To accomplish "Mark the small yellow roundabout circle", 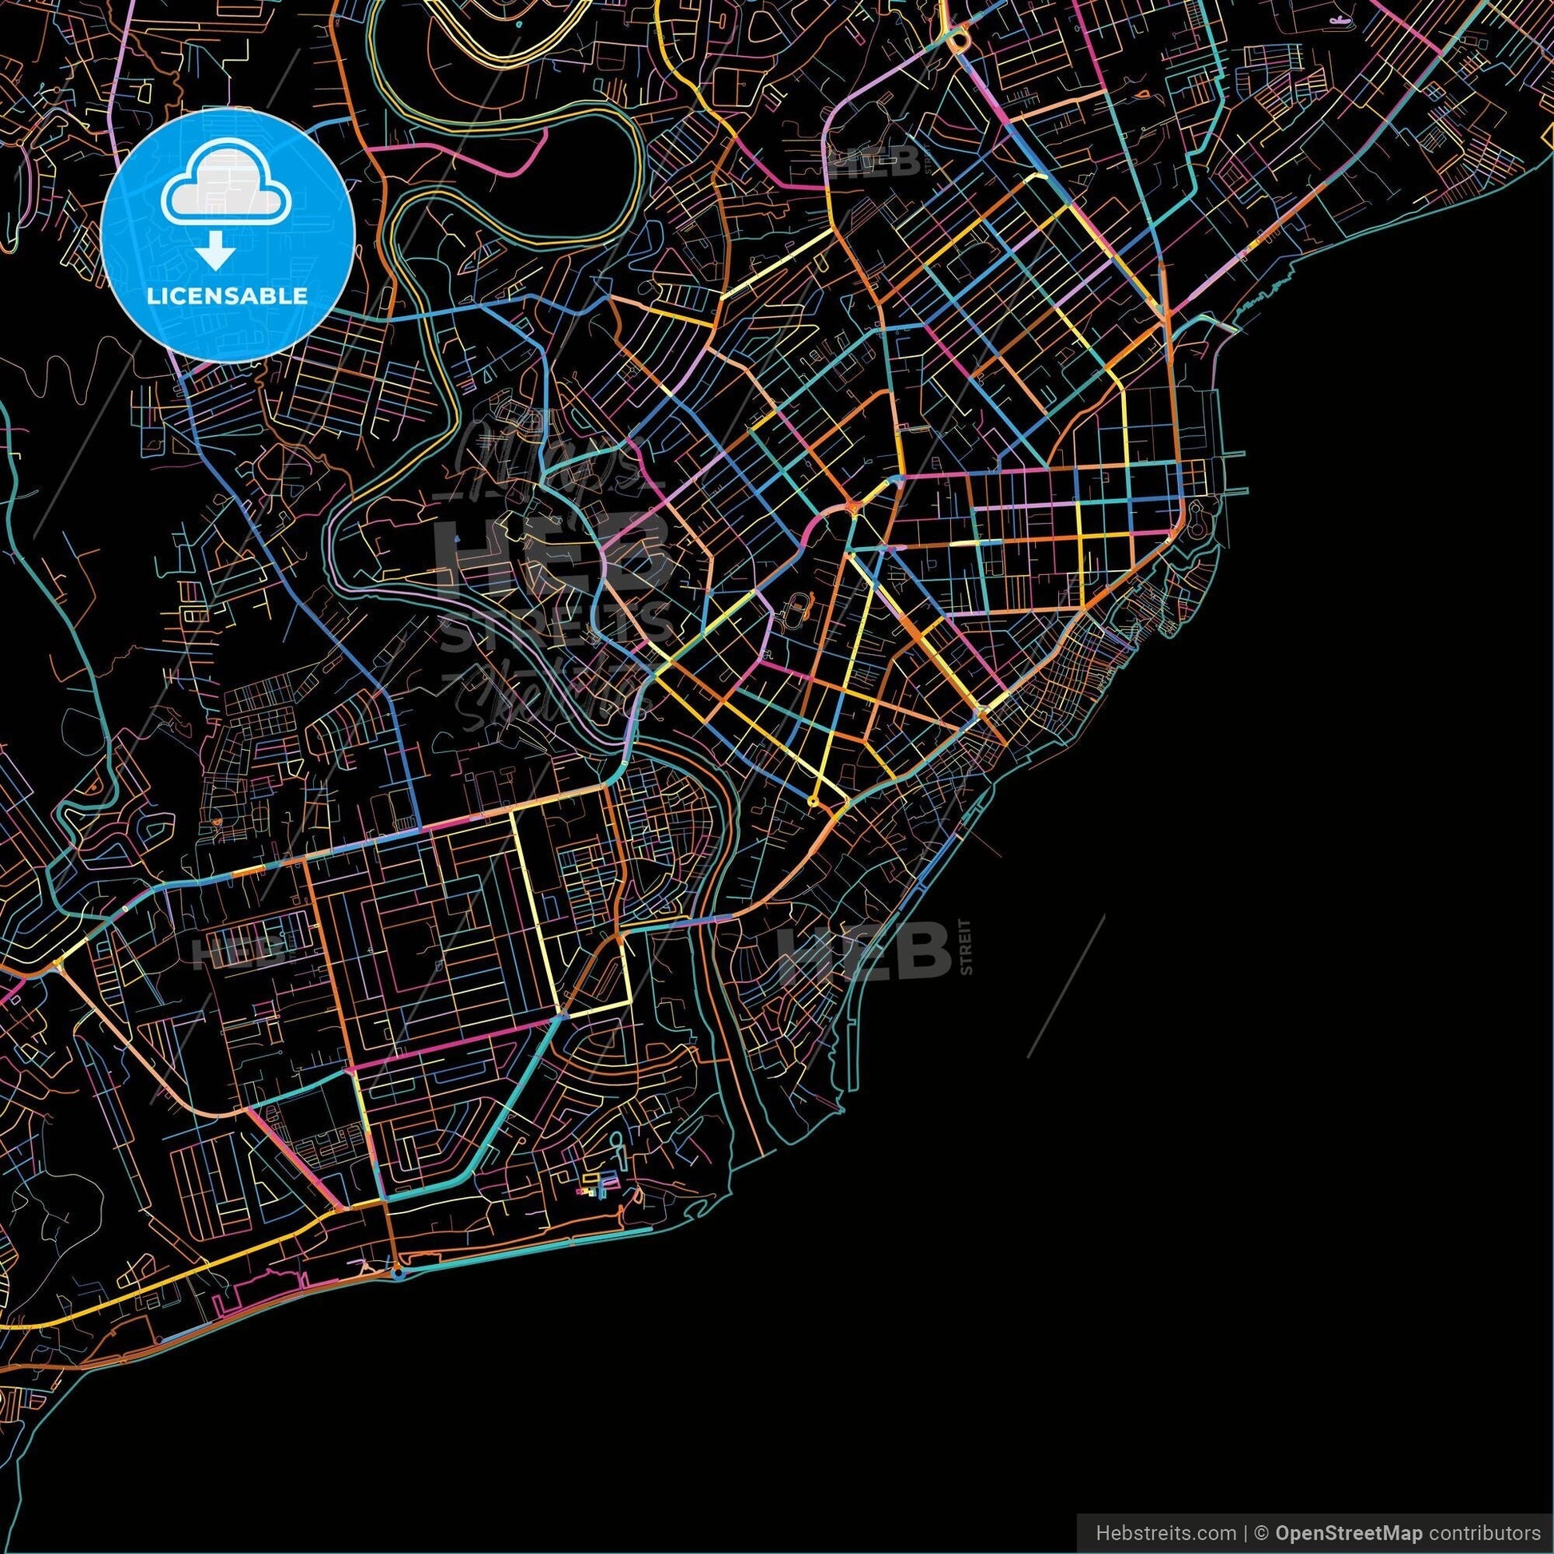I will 811,801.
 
